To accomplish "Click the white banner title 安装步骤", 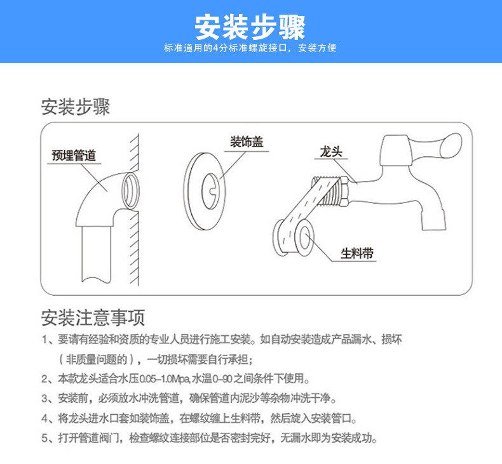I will coord(250,27).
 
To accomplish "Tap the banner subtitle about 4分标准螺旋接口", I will coord(250,49).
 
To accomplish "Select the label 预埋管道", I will coord(74,156).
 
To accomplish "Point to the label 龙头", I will coord(331,152).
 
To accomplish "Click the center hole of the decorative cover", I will coord(210,189).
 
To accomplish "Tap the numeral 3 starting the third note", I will coord(44,399).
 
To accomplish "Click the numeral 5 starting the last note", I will coord(44,439).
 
